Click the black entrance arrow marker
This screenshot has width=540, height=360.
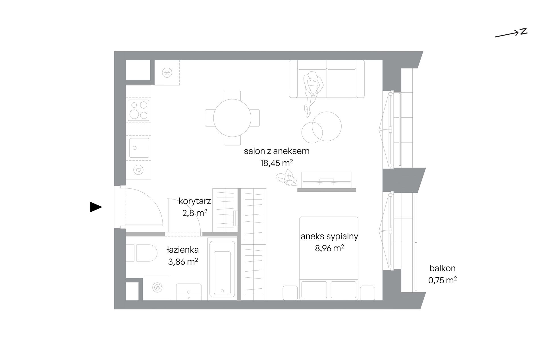click(96, 207)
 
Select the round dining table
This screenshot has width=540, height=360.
click(232, 118)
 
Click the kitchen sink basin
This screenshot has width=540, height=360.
click(139, 148)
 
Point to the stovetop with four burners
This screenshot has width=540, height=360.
click(138, 110)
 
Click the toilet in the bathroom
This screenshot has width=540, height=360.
click(142, 253)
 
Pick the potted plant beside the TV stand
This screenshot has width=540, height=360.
click(286, 178)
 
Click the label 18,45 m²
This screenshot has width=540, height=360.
click(277, 163)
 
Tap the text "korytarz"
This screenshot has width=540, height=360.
click(195, 201)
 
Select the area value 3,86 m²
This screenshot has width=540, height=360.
click(183, 261)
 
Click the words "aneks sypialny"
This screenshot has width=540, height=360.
click(329, 236)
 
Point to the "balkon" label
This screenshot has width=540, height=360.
click(443, 268)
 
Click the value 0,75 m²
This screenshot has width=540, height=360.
click(443, 280)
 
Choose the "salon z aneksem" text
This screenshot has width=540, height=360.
click(277, 151)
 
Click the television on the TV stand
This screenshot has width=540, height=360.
click(327, 182)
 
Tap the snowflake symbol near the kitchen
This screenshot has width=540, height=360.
click(167, 73)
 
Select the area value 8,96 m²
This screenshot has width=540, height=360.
click(329, 248)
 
